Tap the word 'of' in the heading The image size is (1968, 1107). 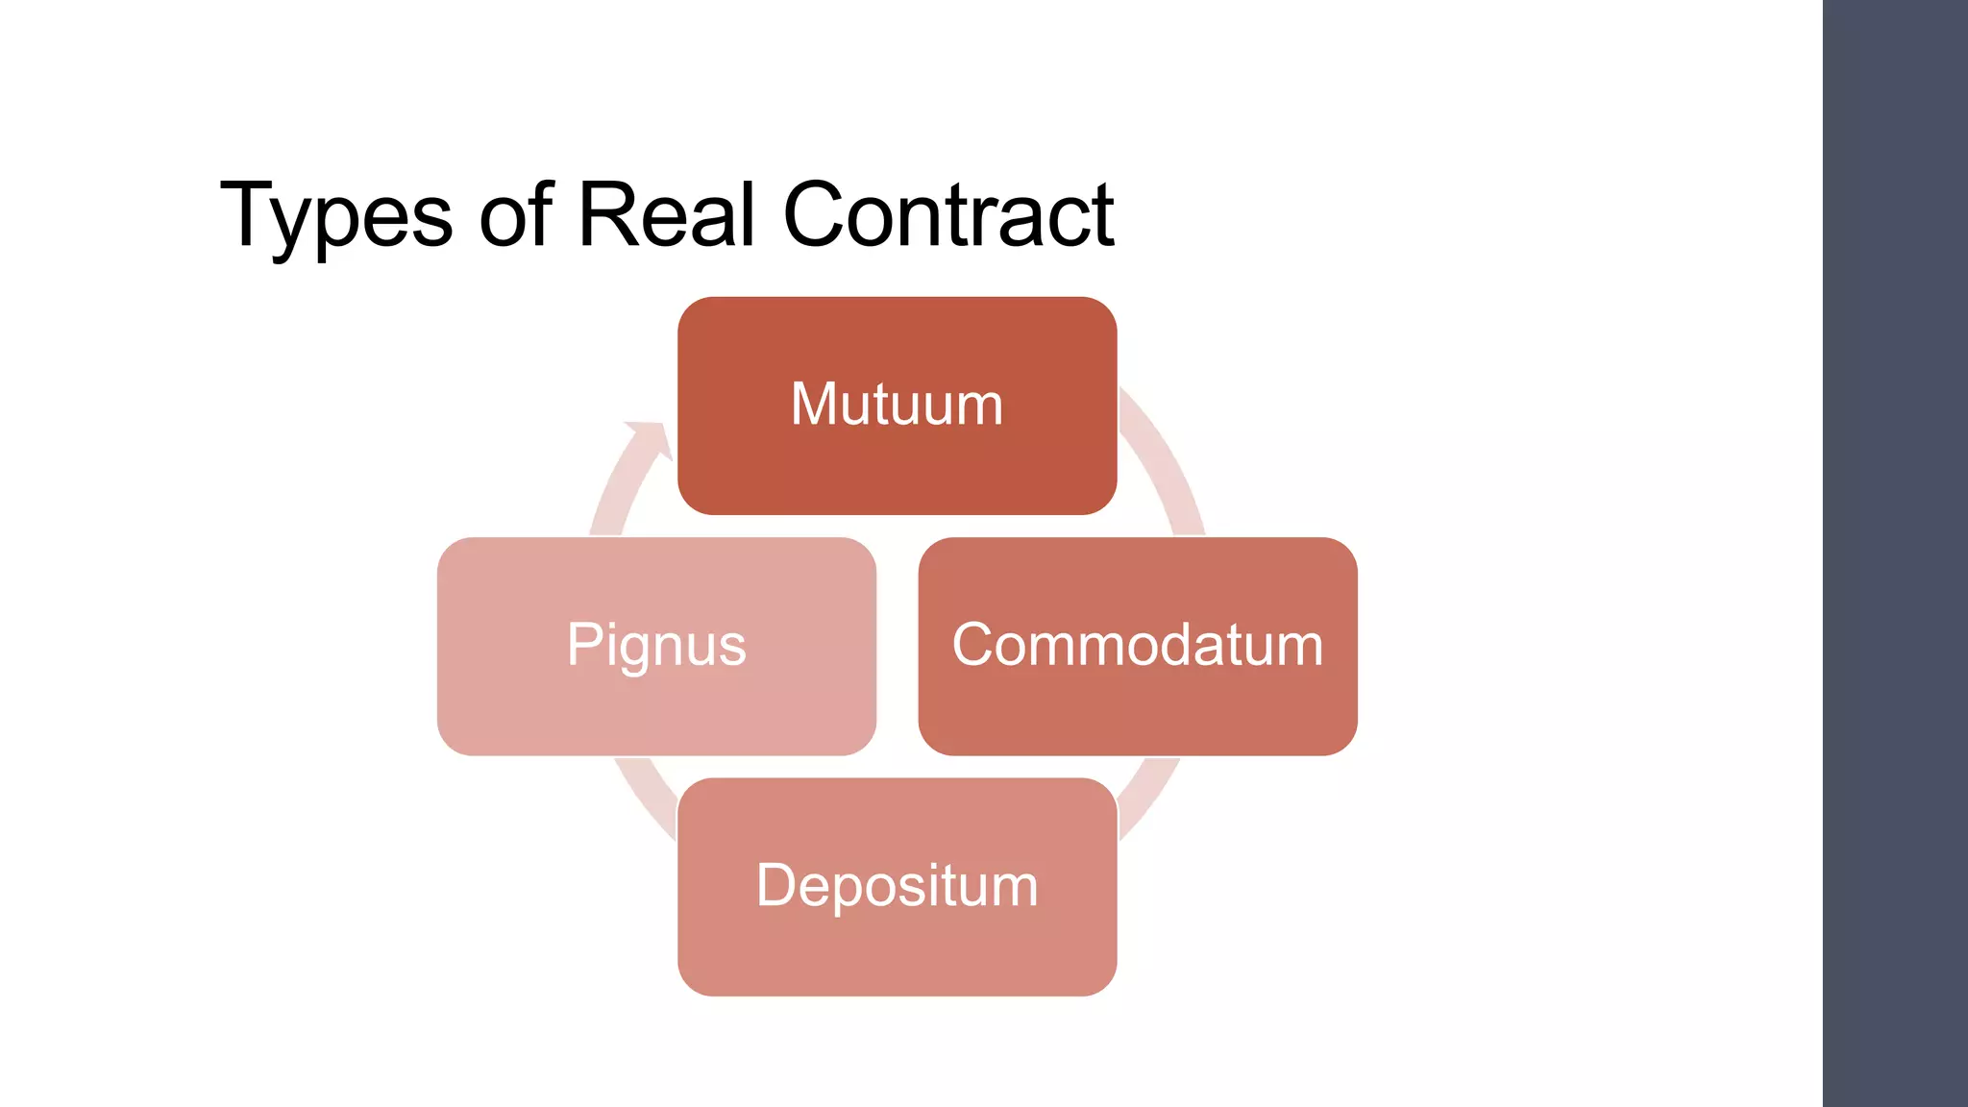(x=516, y=213)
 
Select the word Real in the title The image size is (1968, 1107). (x=667, y=213)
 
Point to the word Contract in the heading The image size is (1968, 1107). (x=948, y=213)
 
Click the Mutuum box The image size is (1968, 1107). (x=897, y=406)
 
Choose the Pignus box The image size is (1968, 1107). (x=656, y=646)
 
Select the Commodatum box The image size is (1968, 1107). (x=1138, y=646)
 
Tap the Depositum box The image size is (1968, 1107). (x=897, y=887)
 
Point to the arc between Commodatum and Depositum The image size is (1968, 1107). (x=1149, y=798)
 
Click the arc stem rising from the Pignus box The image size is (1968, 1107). (x=615, y=495)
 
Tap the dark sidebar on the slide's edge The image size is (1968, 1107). (x=1895, y=553)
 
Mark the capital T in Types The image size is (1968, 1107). (x=249, y=214)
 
